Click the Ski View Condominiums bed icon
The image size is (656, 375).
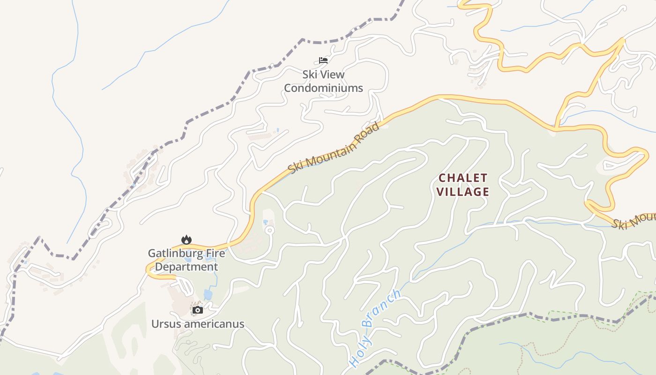(323, 60)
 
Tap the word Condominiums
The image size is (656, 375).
(323, 88)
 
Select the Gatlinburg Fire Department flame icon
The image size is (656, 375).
(186, 240)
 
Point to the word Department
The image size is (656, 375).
(186, 267)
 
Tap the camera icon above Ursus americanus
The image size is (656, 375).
(198, 310)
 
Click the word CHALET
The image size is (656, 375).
(463, 178)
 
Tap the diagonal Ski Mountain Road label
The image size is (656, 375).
(334, 148)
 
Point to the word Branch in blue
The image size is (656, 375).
(382, 308)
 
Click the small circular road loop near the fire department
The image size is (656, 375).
(269, 230)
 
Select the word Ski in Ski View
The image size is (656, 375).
(309, 75)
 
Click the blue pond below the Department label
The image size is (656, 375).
(208, 294)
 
